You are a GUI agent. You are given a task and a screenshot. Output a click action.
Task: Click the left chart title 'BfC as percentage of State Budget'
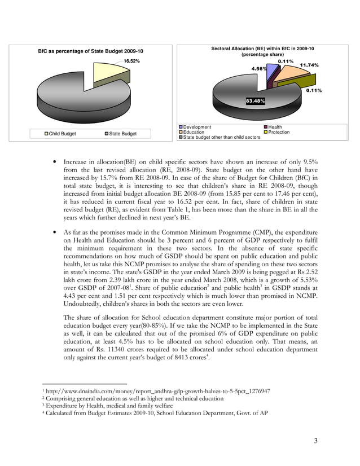click(90, 51)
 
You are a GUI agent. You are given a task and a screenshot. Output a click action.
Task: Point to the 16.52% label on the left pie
click(131, 61)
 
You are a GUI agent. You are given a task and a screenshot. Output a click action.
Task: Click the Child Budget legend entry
click(61, 134)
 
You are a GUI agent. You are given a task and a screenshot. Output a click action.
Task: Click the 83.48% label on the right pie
click(255, 101)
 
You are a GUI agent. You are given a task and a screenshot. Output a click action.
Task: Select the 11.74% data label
click(309, 65)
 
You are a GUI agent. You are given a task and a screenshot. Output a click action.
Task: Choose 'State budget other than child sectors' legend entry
click(222, 137)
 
